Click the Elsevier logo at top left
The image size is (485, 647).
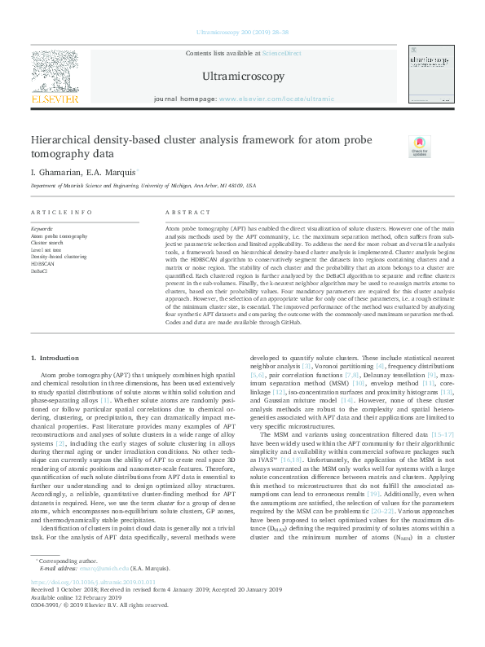click(x=55, y=77)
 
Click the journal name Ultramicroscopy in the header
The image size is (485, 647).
click(x=242, y=77)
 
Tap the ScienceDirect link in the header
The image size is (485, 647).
click(x=281, y=52)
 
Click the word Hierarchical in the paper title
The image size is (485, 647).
click(x=63, y=140)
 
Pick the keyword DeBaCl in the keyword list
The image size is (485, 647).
click(x=40, y=271)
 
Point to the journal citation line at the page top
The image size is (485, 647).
click(x=242, y=33)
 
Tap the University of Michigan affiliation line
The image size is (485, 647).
click(x=143, y=186)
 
